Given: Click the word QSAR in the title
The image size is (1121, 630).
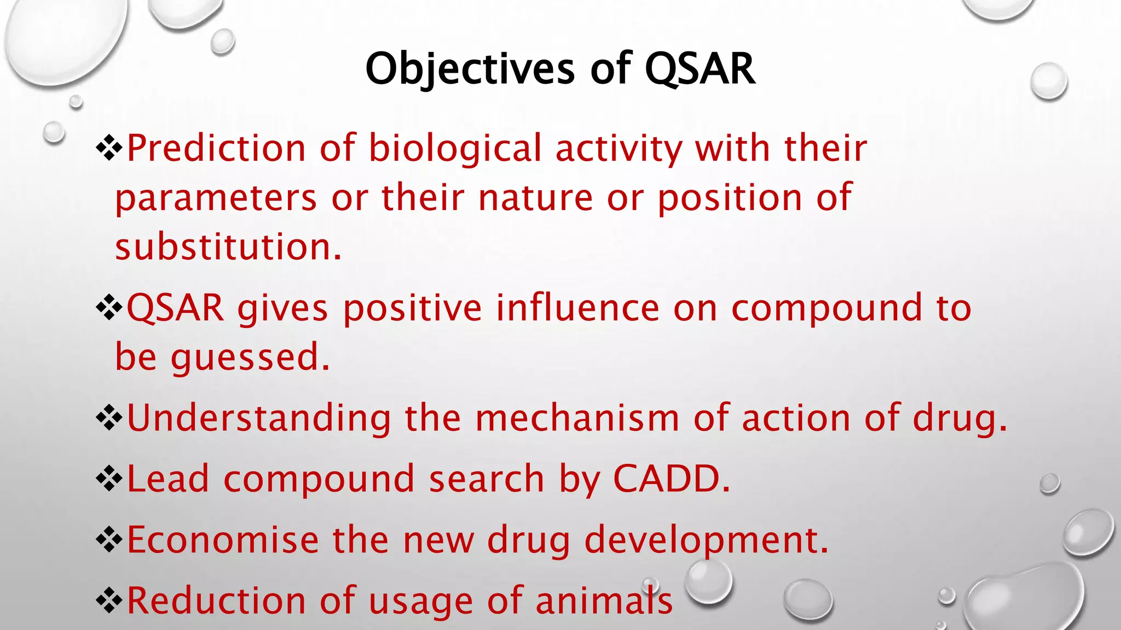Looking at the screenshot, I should [700, 69].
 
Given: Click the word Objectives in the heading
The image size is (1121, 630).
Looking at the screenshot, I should [470, 69].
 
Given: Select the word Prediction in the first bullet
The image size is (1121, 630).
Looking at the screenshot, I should [216, 148].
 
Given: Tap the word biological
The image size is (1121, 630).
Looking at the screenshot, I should [455, 148].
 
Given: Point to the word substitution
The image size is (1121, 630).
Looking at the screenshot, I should [228, 247].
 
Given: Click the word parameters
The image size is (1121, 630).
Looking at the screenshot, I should [216, 197].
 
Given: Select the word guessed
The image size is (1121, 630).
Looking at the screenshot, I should [250, 357].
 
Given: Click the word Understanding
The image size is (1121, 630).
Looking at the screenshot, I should [259, 418].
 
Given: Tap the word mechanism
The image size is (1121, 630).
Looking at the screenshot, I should [577, 418].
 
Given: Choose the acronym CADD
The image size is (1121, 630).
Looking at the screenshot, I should [671, 479].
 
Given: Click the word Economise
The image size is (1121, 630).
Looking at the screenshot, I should [223, 540].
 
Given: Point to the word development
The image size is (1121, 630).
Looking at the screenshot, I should [706, 540].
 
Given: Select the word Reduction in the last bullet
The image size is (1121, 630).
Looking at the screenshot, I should [216, 600].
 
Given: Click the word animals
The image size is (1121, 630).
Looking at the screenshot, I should [604, 600].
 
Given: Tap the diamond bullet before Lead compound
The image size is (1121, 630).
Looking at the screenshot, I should [109, 480].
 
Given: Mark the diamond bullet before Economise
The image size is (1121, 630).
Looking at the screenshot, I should [109, 540].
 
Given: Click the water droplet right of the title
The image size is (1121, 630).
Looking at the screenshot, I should [1048, 81].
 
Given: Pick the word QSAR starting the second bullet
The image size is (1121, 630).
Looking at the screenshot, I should [175, 308].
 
